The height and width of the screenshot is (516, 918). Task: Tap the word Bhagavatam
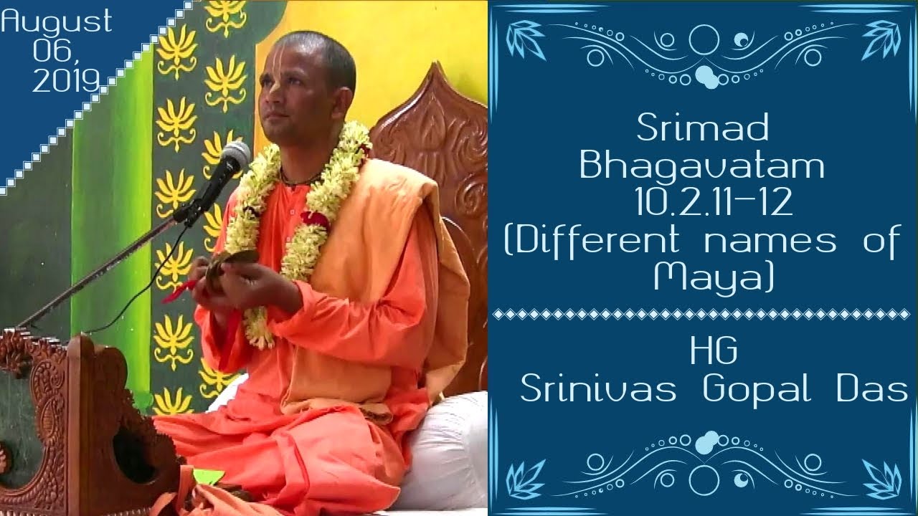tap(702, 166)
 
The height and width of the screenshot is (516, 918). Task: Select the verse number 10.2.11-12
tap(713, 204)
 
